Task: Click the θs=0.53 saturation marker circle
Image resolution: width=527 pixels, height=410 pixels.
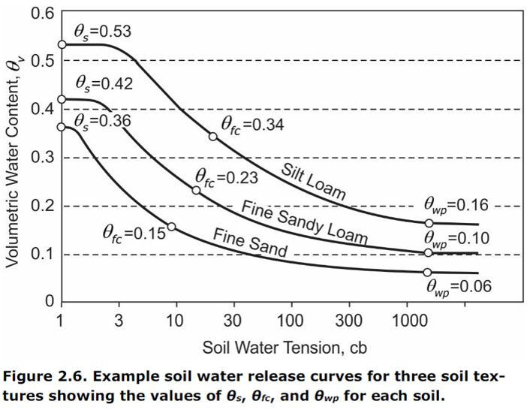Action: point(62,44)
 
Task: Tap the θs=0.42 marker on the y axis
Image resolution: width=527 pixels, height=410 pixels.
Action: point(62,99)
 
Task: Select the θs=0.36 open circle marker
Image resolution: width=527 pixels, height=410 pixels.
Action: point(62,127)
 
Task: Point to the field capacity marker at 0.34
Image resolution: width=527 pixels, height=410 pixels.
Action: point(212,136)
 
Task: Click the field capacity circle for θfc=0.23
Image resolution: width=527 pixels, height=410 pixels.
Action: point(196,190)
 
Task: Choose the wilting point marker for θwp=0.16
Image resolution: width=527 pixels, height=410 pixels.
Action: point(429,223)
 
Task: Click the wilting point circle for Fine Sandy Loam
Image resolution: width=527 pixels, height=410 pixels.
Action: point(429,253)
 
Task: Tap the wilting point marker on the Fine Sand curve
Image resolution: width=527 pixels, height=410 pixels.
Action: point(428,272)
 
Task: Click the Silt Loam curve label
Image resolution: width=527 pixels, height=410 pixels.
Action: point(314,180)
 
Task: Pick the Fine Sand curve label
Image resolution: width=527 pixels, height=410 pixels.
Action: point(250,241)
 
